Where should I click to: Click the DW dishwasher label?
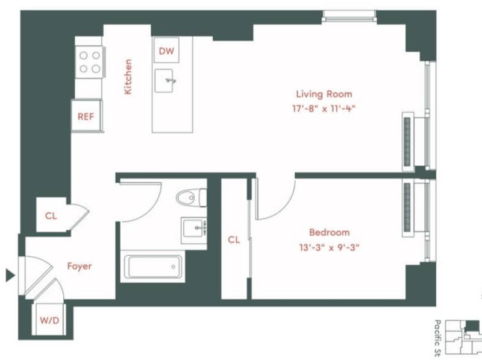click(x=166, y=51)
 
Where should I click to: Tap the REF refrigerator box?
click(x=86, y=116)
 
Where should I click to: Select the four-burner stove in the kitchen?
click(x=89, y=62)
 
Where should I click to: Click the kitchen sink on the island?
click(x=164, y=81)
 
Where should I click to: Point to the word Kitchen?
click(x=128, y=77)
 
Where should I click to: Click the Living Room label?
click(x=324, y=94)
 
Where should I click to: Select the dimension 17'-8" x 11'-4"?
click(x=324, y=109)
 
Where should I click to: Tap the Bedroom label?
click(x=329, y=232)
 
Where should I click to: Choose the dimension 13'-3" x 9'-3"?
click(x=329, y=247)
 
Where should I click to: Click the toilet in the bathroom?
click(x=192, y=197)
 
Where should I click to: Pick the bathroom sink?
click(x=194, y=230)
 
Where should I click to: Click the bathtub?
click(x=153, y=267)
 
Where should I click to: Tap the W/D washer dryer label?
click(x=49, y=321)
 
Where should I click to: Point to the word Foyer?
click(x=80, y=266)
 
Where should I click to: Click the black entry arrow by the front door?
click(x=10, y=275)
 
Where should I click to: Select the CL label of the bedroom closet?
click(x=234, y=239)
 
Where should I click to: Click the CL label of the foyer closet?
click(x=51, y=216)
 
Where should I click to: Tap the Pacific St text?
click(x=438, y=338)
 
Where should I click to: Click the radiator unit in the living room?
click(x=408, y=142)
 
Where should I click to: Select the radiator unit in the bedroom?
click(x=408, y=207)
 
